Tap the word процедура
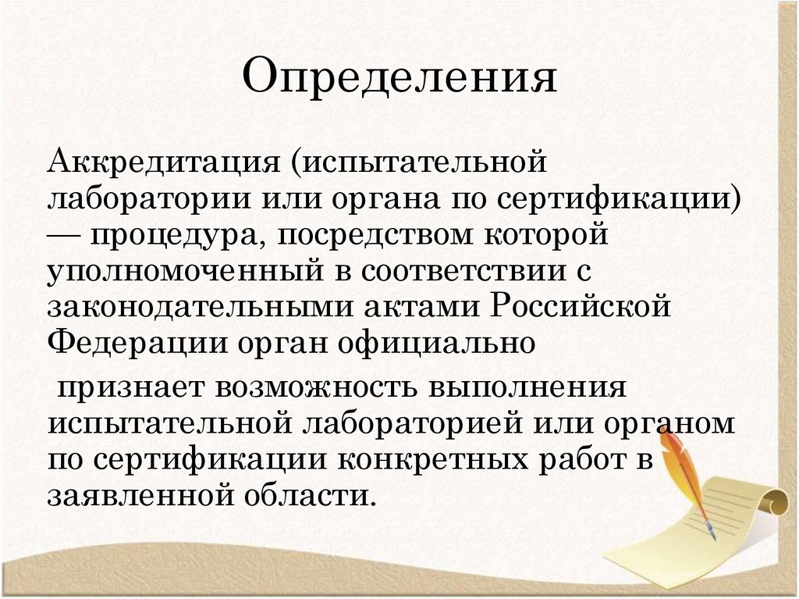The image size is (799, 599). [x=177, y=235]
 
